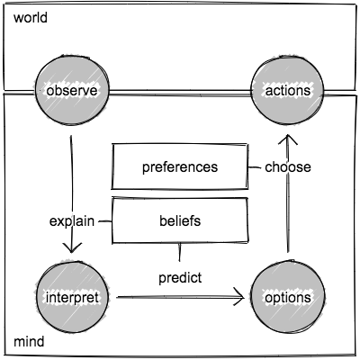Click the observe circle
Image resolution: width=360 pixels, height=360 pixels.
72,90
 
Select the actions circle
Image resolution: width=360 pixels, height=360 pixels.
287,90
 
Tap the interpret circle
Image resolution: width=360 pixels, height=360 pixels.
72,297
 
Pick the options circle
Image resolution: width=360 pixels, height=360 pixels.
287,297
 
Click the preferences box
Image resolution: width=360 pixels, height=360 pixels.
180,166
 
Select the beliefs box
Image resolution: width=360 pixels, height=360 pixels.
180,220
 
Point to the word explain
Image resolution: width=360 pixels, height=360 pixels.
72,221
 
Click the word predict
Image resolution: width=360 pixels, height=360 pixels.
180,278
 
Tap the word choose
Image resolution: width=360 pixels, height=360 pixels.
288,167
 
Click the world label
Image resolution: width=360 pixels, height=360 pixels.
31,18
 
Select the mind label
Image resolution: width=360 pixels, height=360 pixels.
29,342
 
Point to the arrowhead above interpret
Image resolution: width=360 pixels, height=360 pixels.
71,247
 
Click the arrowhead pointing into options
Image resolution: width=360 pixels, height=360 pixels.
239,297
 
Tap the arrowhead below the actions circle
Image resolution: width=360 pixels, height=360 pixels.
287,139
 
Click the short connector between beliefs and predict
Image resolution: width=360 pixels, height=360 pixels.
180,252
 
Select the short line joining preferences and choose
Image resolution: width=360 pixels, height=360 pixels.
255,167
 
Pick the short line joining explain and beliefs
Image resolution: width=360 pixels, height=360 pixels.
104,221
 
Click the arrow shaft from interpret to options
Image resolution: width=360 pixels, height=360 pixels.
180,297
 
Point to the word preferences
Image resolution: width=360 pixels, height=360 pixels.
180,167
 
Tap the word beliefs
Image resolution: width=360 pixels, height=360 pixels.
180,220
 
